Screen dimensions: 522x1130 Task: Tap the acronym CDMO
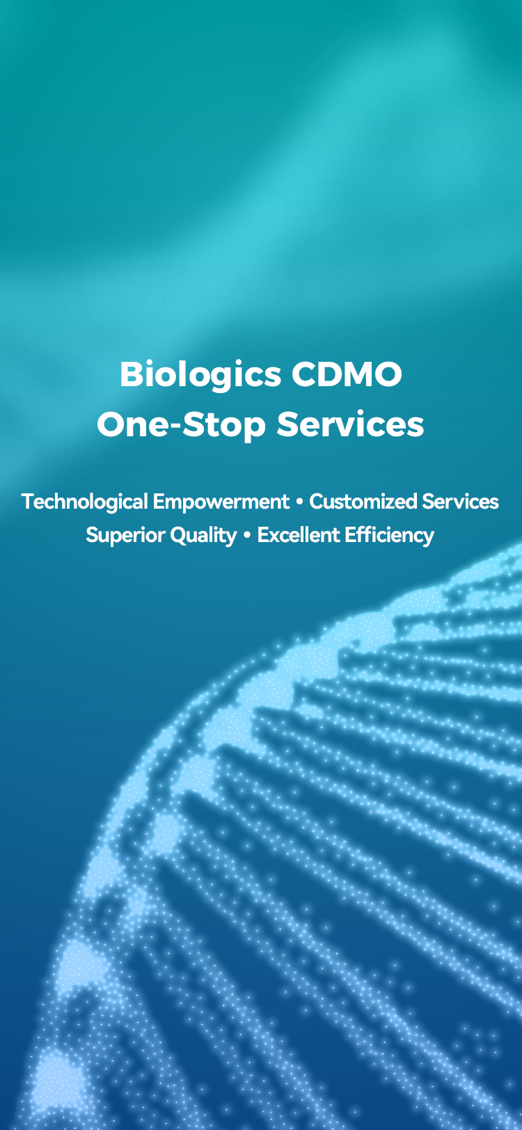tap(347, 374)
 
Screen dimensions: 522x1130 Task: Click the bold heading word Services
tap(350, 424)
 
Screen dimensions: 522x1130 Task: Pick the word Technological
tap(85, 502)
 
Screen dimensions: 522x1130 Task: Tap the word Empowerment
tap(221, 502)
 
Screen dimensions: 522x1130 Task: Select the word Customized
tap(363, 502)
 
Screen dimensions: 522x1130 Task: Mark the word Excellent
tap(299, 534)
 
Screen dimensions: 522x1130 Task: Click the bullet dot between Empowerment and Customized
tap(299, 502)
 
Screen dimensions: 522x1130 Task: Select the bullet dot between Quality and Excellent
tap(247, 536)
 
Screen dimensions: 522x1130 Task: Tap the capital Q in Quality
tap(178, 535)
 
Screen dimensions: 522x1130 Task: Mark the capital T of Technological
tap(28, 502)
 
